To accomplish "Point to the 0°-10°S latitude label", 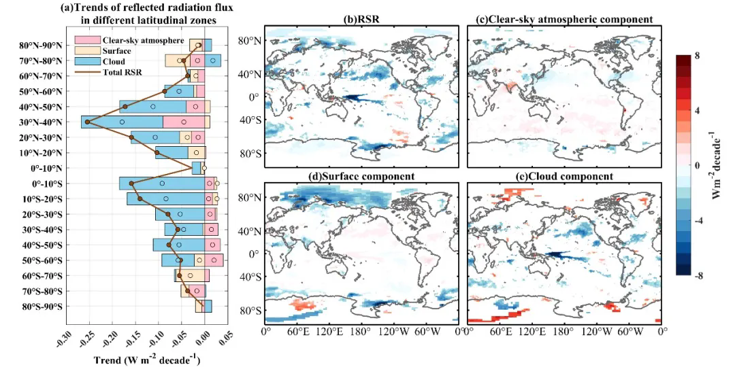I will pos(44,183).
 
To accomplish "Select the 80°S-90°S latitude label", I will pos(42,307).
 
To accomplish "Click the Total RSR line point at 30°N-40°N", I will pos(88,122).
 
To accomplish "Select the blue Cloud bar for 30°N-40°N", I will pos(122,122).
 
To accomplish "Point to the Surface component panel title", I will pos(361,176).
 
